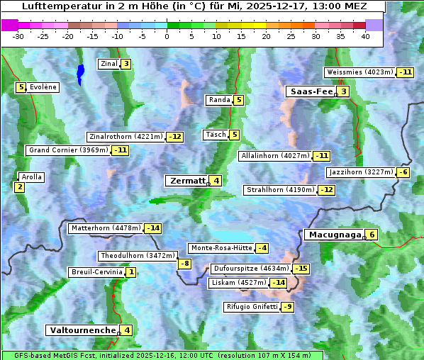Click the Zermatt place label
click(186, 181)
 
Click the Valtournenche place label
click(82, 330)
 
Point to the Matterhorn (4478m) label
click(105, 228)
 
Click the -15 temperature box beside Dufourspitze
click(301, 269)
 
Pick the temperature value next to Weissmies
click(406, 72)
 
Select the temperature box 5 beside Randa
click(239, 100)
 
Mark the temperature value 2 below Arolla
click(19, 187)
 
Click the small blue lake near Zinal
click(80, 73)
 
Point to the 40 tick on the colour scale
click(366, 35)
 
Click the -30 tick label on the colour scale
click(18, 35)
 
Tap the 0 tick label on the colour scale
click(167, 35)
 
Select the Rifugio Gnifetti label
click(252, 307)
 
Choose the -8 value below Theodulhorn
click(184, 264)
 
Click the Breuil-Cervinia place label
click(96, 272)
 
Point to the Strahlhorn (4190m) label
click(279, 190)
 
